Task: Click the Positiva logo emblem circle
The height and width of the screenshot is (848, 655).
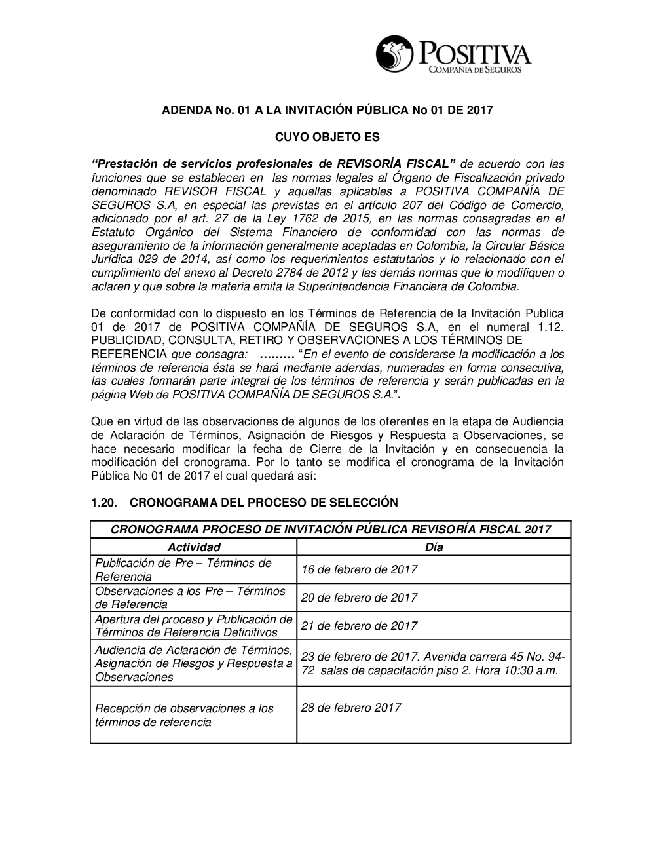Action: [395, 55]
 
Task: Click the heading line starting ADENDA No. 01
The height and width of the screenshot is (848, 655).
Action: [327, 110]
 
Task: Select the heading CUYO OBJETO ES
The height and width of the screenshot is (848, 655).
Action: [327, 138]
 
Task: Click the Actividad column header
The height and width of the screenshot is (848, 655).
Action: [194, 547]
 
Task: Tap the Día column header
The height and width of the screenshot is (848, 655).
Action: [434, 547]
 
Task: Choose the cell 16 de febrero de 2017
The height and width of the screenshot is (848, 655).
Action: [359, 569]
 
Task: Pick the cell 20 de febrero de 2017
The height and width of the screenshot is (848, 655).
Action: [359, 598]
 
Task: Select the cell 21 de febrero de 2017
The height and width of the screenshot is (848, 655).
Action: [359, 626]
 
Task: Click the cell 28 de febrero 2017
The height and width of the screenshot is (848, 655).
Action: [351, 708]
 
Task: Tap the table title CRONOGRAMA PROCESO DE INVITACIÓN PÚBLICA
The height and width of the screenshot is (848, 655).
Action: [331, 530]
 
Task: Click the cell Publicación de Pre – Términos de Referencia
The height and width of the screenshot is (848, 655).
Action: [183, 569]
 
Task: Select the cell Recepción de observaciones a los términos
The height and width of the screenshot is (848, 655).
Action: [185, 715]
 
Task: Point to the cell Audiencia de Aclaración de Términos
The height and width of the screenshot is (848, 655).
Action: [193, 663]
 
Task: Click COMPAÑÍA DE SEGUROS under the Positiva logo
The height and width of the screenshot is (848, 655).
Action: [475, 69]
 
